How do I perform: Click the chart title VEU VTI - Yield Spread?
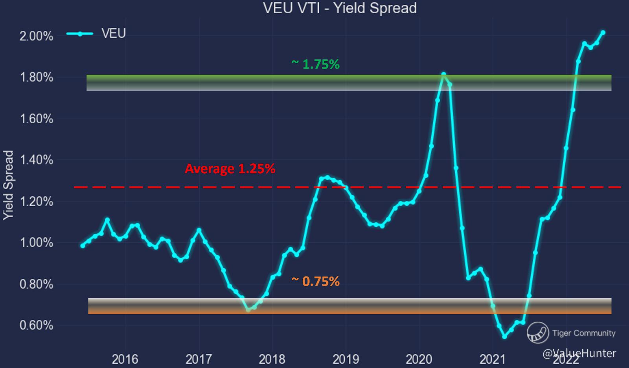click(340, 8)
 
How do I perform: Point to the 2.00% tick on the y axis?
click(36, 36)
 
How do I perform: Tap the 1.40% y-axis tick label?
click(36, 160)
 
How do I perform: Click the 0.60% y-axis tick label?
click(36, 326)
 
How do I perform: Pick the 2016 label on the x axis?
click(125, 359)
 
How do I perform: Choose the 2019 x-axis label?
click(346, 359)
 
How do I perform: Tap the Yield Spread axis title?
click(8, 185)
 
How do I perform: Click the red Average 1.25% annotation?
click(230, 169)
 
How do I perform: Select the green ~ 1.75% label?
click(315, 64)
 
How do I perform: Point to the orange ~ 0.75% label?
click(315, 282)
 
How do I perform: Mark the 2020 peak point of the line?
click(443, 74)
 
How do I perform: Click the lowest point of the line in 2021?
click(505, 337)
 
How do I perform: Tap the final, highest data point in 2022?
click(603, 33)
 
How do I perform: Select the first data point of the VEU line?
click(83, 246)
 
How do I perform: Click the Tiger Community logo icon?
click(538, 333)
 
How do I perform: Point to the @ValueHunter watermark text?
click(579, 353)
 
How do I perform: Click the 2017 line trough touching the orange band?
click(248, 310)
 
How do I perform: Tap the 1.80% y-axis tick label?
click(36, 77)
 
